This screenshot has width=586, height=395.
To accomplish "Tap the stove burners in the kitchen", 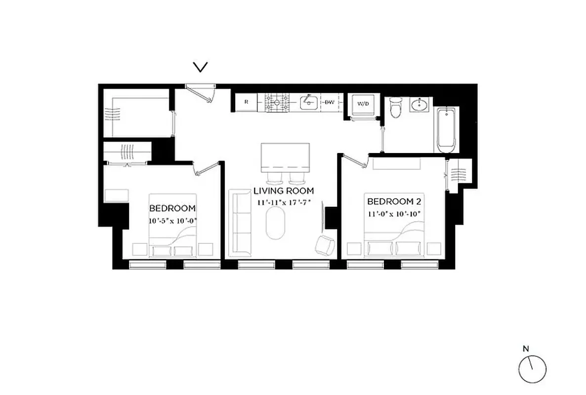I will (278, 103).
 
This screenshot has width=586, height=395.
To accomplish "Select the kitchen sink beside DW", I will (309, 102).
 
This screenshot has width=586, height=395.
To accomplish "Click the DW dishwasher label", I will (330, 103).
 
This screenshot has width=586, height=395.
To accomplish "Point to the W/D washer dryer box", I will (363, 105).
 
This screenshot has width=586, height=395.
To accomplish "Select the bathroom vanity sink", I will (421, 105).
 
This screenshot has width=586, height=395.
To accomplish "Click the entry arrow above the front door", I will (200, 67).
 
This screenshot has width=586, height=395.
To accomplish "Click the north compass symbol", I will (533, 369).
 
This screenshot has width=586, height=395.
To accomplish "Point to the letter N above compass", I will (526, 349).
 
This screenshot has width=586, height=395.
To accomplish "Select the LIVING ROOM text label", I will (284, 191).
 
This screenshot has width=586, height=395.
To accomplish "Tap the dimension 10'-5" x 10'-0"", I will (172, 221).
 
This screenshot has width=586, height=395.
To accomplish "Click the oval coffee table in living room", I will (276, 223).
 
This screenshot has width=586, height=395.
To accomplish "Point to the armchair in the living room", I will (324, 244).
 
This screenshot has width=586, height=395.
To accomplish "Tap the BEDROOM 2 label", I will (390, 201).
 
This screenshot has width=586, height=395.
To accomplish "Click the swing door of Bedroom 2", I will (355, 161).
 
